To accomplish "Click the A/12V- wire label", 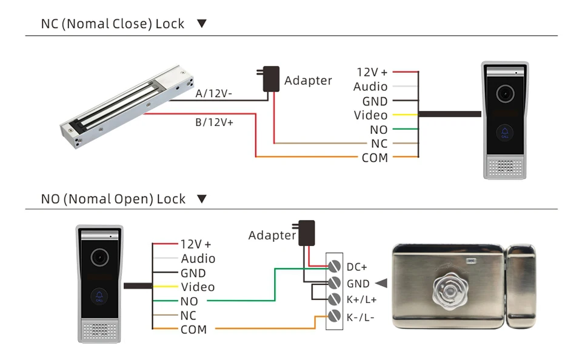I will (214, 95).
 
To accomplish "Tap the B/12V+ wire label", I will (214, 122).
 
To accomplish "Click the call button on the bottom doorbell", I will (99, 297).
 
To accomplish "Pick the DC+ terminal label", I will (357, 267).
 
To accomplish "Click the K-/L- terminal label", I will (360, 316).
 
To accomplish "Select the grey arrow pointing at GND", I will (381, 283).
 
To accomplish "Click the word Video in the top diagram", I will (370, 115).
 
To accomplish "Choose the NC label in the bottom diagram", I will (188, 315).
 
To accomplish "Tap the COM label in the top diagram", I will (374, 158).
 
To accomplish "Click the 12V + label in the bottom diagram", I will (195, 244).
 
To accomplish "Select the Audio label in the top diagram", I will (370, 87).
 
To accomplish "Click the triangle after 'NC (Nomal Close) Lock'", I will (202, 24).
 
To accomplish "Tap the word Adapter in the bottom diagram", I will (272, 235).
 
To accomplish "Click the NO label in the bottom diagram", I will (189, 301).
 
